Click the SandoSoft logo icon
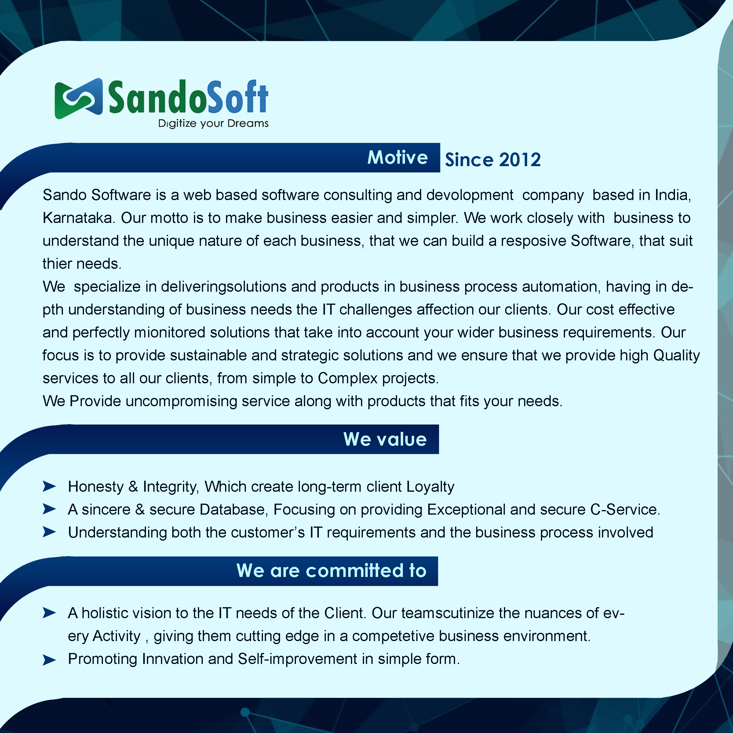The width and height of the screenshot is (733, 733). click(x=78, y=98)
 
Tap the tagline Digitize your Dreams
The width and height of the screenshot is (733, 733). click(x=213, y=124)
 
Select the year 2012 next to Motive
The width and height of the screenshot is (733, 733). click(x=520, y=160)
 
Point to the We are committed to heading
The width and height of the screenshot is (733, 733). click(x=331, y=570)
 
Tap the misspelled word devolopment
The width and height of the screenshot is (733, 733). click(x=470, y=195)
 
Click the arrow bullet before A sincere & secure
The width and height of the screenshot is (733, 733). click(x=49, y=509)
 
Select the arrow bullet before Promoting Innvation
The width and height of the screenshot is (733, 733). click(x=49, y=660)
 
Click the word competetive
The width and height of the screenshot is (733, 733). click(x=393, y=636)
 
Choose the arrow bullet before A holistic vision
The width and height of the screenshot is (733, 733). click(x=49, y=613)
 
